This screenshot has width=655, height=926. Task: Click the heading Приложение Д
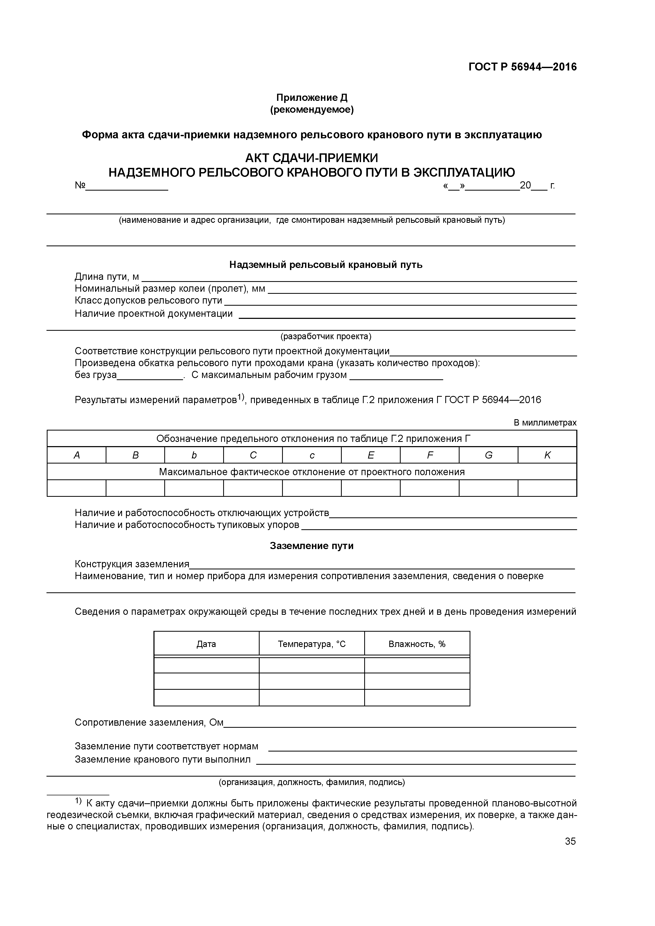click(x=312, y=98)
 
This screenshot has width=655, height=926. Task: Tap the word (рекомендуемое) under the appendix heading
click(x=312, y=110)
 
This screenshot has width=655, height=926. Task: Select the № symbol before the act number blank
click(x=80, y=186)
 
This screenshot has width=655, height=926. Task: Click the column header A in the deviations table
click(x=76, y=455)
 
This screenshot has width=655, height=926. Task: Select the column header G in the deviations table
click(x=488, y=455)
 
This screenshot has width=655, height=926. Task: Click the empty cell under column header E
click(x=371, y=488)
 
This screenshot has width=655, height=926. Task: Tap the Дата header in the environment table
click(x=206, y=644)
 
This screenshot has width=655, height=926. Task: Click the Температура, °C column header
click(x=312, y=644)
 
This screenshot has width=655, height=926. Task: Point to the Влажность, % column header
click(x=417, y=644)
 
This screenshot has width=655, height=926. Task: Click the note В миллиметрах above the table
click(x=545, y=423)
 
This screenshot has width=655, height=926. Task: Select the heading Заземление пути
click(x=312, y=546)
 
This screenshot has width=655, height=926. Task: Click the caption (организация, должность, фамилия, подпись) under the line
click(x=312, y=782)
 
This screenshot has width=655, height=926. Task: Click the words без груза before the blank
click(x=96, y=375)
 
